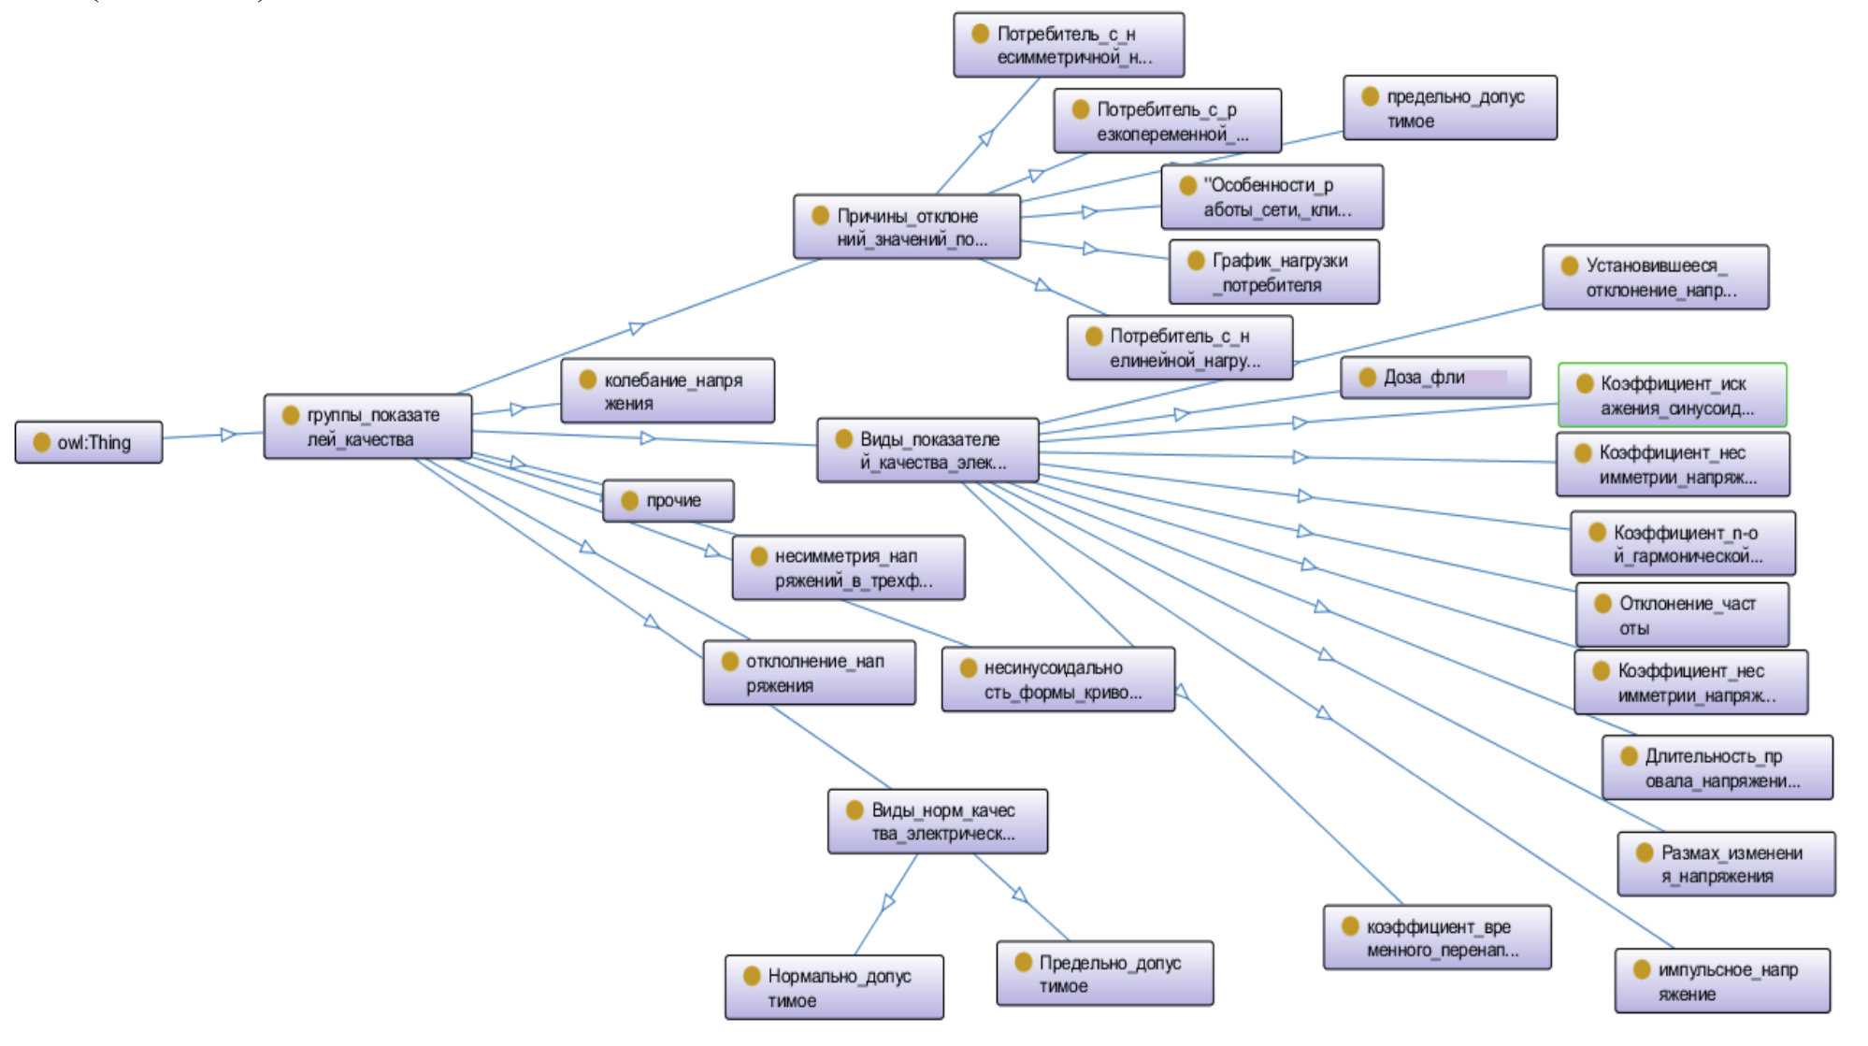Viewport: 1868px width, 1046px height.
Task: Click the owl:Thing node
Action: coord(89,442)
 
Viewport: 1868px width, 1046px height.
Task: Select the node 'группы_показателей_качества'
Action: coord(367,427)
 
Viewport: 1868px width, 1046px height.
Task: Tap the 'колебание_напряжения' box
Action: coord(668,392)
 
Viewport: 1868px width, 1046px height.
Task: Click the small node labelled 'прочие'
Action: coord(668,501)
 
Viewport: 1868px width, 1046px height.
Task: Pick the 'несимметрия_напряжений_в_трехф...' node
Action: coord(848,568)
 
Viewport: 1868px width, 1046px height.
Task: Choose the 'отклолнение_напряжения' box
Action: coord(809,673)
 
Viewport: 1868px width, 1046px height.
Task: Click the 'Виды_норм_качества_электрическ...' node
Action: coord(937,822)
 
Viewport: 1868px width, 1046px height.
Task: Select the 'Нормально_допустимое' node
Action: coord(834,988)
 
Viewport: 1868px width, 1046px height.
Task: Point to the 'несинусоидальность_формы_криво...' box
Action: coord(1057,681)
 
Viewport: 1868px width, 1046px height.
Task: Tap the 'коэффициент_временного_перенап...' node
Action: coord(1437,939)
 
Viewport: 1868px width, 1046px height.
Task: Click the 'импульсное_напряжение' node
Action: coord(1722,982)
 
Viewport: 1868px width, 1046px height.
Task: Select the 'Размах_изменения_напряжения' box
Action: coord(1726,865)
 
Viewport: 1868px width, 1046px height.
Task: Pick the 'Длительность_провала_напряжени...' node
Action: coord(1717,768)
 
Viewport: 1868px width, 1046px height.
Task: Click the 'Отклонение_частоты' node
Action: coord(1682,616)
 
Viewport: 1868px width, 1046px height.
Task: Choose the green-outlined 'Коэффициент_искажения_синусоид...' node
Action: coord(1672,395)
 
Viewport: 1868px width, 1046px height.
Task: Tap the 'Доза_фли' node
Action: coord(1435,378)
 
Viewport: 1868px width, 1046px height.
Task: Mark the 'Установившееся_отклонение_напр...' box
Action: coord(1655,278)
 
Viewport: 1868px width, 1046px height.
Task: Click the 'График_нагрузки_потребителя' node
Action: coord(1273,273)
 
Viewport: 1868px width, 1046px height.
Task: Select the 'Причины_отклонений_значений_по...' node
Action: coord(906,227)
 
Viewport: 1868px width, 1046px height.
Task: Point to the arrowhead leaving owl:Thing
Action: coord(228,435)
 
